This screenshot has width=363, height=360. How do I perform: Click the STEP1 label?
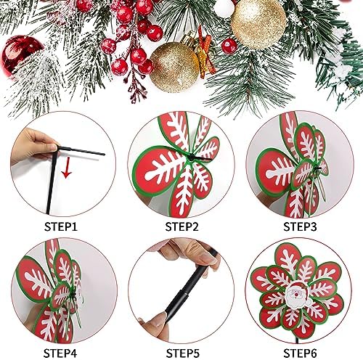click(x=61, y=227)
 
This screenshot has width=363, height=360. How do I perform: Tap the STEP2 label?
click(x=181, y=227)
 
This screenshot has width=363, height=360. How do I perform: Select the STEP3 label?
click(x=300, y=227)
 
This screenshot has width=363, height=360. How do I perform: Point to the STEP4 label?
click(x=60, y=353)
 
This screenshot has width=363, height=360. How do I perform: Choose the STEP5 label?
click(x=183, y=353)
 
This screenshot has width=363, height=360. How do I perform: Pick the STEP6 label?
click(x=300, y=353)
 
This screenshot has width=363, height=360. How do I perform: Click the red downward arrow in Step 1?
click(x=67, y=168)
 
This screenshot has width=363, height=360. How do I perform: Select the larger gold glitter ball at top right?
click(x=258, y=24)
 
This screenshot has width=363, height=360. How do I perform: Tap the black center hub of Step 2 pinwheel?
click(x=191, y=157)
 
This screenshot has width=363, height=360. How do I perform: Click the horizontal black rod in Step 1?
click(x=81, y=150)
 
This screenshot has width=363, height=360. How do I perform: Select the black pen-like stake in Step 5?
click(x=191, y=285)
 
